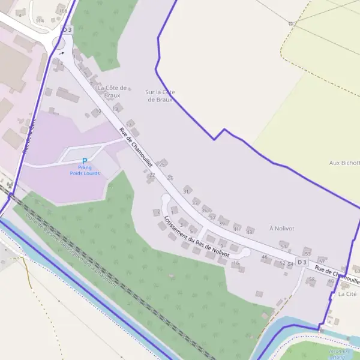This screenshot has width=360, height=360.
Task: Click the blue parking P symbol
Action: click(84, 160)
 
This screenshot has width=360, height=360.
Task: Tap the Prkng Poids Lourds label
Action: click(84, 170)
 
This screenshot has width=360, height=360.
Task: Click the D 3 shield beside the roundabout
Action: click(67, 29)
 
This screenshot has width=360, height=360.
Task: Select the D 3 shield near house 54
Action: click(301, 262)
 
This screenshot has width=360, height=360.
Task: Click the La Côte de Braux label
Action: click(112, 91)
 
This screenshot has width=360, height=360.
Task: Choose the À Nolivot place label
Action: click(282, 228)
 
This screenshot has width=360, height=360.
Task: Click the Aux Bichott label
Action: click(344, 163)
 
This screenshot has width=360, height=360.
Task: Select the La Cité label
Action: click(347, 294)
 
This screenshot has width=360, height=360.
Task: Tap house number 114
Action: click(40, 20)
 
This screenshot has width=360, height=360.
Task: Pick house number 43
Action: click(250, 230)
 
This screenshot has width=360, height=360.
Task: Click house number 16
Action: click(236, 263)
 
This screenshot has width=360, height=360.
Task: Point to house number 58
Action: click(311, 279)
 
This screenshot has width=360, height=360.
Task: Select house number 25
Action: click(162, 163)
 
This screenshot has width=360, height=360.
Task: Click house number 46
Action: click(265, 257)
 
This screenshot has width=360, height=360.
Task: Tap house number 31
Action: click(186, 191)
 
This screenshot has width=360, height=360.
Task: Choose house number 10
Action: click(98, 111)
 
